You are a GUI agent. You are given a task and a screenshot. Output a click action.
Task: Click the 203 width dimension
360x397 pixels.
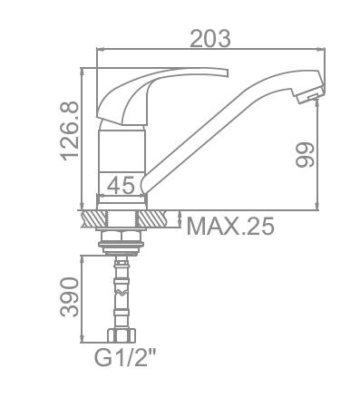[x=210, y=38]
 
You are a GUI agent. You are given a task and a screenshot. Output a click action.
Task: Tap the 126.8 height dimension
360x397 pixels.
[x=69, y=130]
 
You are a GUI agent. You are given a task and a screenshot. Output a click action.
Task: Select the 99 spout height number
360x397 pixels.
[x=305, y=155]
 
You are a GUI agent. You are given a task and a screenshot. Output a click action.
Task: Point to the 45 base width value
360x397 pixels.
[x=121, y=185]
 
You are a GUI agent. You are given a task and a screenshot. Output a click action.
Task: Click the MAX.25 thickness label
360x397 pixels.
[x=230, y=226]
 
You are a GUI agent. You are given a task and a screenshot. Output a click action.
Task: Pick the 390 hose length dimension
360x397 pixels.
[x=69, y=297]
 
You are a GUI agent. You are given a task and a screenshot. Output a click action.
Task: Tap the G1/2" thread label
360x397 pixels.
[x=126, y=357]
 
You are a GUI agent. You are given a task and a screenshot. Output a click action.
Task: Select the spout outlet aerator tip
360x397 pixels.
[x=308, y=92]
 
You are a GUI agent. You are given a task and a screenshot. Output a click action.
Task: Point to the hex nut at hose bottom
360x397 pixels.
[x=122, y=335]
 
